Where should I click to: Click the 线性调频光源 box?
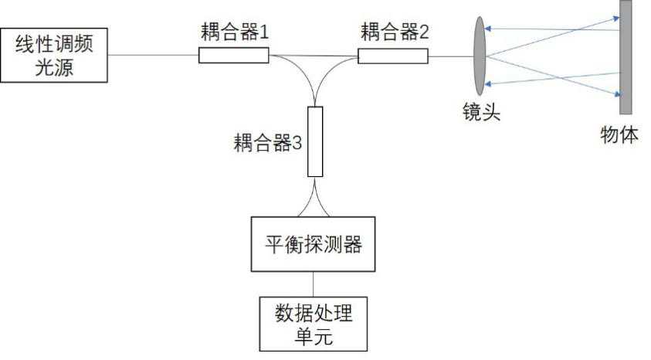[x=54, y=55]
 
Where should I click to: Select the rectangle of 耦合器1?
[x=233, y=55]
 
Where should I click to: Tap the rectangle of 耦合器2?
[x=392, y=56]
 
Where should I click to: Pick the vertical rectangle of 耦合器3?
[x=314, y=141]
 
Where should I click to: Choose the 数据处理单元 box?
[x=314, y=322]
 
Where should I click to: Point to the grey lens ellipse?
[x=480, y=56]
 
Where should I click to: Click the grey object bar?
[x=625, y=56]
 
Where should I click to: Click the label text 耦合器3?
[x=266, y=143]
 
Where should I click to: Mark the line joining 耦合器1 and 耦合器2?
[x=314, y=56]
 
